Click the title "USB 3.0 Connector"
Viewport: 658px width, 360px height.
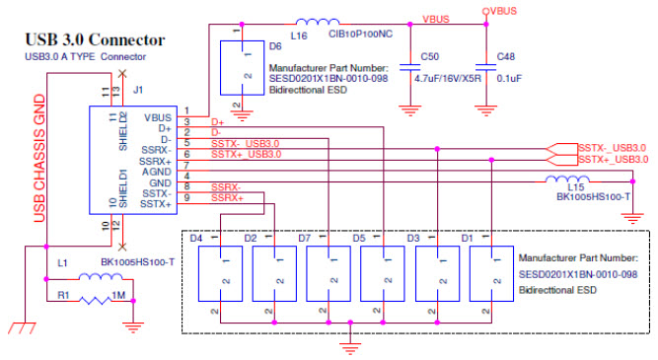coord(94,40)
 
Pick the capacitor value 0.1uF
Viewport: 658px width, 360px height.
coord(510,79)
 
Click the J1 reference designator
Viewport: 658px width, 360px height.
coord(139,92)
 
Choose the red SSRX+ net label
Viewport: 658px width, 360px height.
coord(227,197)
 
